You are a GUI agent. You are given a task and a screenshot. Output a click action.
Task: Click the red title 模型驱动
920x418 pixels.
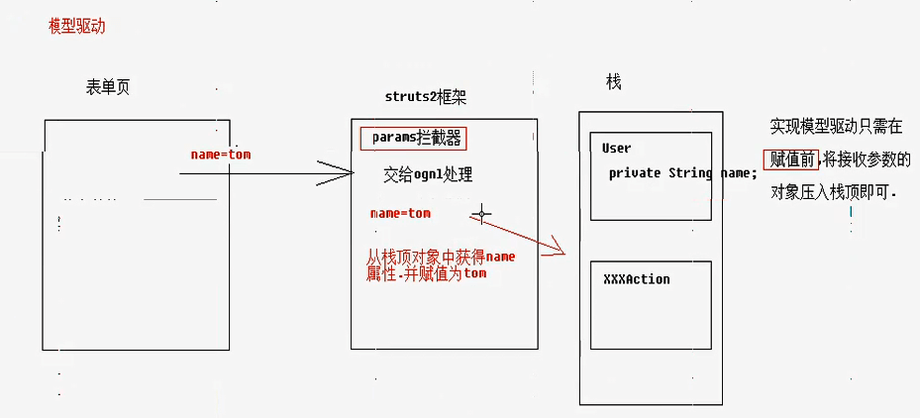[76, 27]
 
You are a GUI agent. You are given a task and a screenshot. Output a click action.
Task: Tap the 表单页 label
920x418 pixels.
[108, 87]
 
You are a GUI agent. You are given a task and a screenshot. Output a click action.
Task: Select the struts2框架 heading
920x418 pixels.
[425, 96]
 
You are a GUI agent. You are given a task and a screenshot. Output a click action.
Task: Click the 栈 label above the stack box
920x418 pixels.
[614, 82]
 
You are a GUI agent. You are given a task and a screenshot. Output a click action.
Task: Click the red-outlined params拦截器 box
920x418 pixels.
[412, 139]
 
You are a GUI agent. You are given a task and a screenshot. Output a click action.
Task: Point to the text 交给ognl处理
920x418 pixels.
[428, 175]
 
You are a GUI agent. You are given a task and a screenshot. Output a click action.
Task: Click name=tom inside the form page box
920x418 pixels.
[222, 156]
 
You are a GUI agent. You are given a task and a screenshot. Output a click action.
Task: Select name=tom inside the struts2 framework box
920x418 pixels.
[400, 213]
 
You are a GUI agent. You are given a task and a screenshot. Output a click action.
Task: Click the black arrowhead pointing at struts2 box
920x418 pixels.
[347, 174]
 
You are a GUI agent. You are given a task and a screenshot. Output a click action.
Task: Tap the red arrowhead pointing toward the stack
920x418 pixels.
[557, 249]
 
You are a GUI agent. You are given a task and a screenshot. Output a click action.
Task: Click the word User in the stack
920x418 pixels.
[616, 149]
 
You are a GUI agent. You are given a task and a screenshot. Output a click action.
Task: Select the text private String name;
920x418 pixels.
[682, 173]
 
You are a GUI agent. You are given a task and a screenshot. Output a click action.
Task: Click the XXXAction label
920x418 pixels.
[636, 279]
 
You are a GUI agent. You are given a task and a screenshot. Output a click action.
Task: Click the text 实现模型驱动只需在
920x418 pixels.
[836, 127]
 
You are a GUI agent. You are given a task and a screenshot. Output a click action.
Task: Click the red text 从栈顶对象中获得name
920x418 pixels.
[440, 258]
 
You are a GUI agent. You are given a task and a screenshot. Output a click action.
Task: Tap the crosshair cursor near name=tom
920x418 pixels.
[481, 213]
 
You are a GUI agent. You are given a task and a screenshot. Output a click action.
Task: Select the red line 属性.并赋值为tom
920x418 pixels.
[426, 272]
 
